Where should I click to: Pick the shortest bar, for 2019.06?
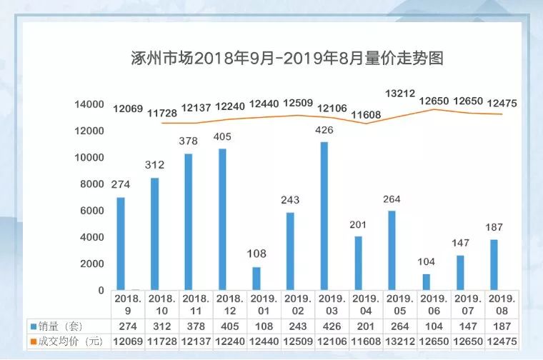[427, 282]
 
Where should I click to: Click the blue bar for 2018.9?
[121, 244]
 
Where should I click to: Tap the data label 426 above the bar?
[324, 130]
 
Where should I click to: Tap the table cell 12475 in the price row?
[502, 341]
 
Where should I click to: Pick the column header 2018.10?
[161, 304]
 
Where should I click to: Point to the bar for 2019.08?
[494, 265]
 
